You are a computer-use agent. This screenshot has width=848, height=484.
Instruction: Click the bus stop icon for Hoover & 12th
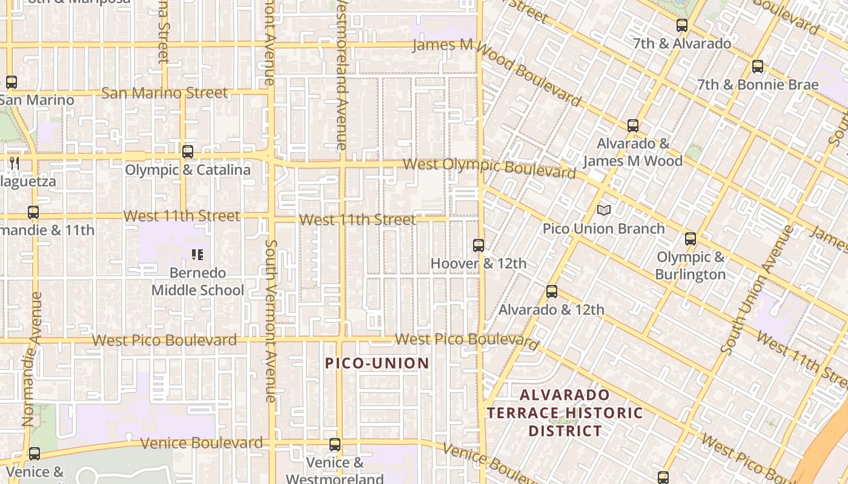pyautogui.click(x=479, y=246)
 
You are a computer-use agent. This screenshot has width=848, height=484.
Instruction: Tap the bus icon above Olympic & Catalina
pyautogui.click(x=188, y=152)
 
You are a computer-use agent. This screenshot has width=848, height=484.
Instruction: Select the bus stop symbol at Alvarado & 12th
pyautogui.click(x=551, y=292)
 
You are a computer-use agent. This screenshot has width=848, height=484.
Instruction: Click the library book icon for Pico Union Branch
pyautogui.click(x=603, y=210)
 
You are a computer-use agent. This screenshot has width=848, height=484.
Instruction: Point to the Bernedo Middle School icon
pyautogui.click(x=197, y=255)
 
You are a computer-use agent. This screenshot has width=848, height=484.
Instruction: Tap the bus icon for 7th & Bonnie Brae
pyautogui.click(x=757, y=67)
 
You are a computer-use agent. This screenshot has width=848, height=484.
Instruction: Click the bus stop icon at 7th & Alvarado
pyautogui.click(x=682, y=25)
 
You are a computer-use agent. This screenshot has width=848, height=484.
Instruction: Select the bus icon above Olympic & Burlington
pyautogui.click(x=691, y=239)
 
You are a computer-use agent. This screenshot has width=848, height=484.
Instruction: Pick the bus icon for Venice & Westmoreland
pyautogui.click(x=334, y=445)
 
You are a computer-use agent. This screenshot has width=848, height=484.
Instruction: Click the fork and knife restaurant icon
pyautogui.click(x=15, y=163)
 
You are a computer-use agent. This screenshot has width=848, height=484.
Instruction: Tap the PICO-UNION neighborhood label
pyautogui.click(x=377, y=363)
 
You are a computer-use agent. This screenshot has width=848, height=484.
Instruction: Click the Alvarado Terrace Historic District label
pyautogui.click(x=565, y=413)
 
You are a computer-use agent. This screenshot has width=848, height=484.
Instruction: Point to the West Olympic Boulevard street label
pyautogui.click(x=489, y=168)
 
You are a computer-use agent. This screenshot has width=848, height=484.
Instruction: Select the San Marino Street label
pyautogui.click(x=164, y=93)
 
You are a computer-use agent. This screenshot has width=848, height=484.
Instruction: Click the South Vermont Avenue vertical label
pyautogui.click(x=270, y=321)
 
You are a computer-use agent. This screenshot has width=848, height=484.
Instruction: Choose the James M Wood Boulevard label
pyautogui.click(x=497, y=70)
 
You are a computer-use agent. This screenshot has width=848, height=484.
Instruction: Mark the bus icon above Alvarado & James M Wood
pyautogui.click(x=633, y=126)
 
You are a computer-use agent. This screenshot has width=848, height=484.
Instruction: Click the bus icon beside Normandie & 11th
pyautogui.click(x=33, y=212)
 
